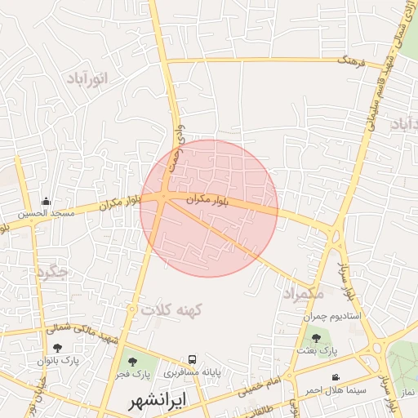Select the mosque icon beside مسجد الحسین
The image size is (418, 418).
point(47,201)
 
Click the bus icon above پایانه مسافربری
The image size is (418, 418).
point(192,359)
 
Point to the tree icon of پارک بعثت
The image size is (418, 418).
point(316,338)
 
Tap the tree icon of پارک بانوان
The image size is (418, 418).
point(56,348)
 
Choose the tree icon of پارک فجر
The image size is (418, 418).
point(132,361)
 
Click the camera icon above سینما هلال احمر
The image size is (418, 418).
point(336,377)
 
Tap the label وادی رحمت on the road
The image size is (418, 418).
point(176,148)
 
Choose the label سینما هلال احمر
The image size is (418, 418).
point(335,390)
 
